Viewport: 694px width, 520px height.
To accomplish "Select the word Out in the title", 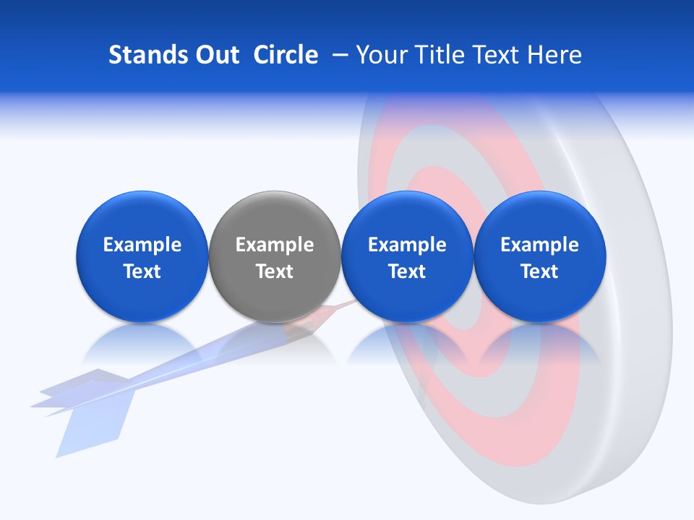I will pos(215,55).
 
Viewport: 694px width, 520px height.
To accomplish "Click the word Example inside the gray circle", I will pos(275,245).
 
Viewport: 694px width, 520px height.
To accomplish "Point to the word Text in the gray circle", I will pos(275,272).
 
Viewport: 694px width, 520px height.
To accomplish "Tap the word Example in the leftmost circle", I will pos(142,245).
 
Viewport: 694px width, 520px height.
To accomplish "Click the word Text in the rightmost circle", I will pos(540,272).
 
